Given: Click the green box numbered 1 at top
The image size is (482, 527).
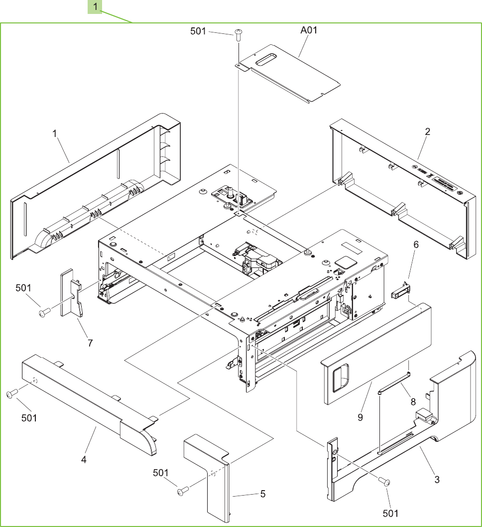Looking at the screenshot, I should click(x=95, y=7).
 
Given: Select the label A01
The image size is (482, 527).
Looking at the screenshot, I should click(x=309, y=30).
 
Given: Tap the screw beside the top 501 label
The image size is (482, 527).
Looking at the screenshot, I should click(x=239, y=33).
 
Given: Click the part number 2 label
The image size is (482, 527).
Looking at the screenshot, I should click(x=428, y=132).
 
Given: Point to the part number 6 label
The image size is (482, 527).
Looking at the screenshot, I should click(x=416, y=245).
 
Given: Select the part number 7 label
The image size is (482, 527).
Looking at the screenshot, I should click(x=90, y=343).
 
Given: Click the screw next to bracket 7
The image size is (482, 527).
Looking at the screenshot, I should click(x=44, y=312).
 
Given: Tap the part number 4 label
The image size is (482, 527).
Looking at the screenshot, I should click(x=84, y=459).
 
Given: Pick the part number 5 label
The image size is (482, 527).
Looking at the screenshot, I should click(x=263, y=494).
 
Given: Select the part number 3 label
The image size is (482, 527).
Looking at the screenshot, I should click(x=437, y=480).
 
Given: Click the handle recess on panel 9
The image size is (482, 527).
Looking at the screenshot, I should click(x=342, y=377).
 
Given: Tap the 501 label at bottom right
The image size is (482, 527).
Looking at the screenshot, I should click(x=390, y=513).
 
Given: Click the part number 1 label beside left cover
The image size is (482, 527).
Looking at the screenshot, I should click(x=55, y=133).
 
